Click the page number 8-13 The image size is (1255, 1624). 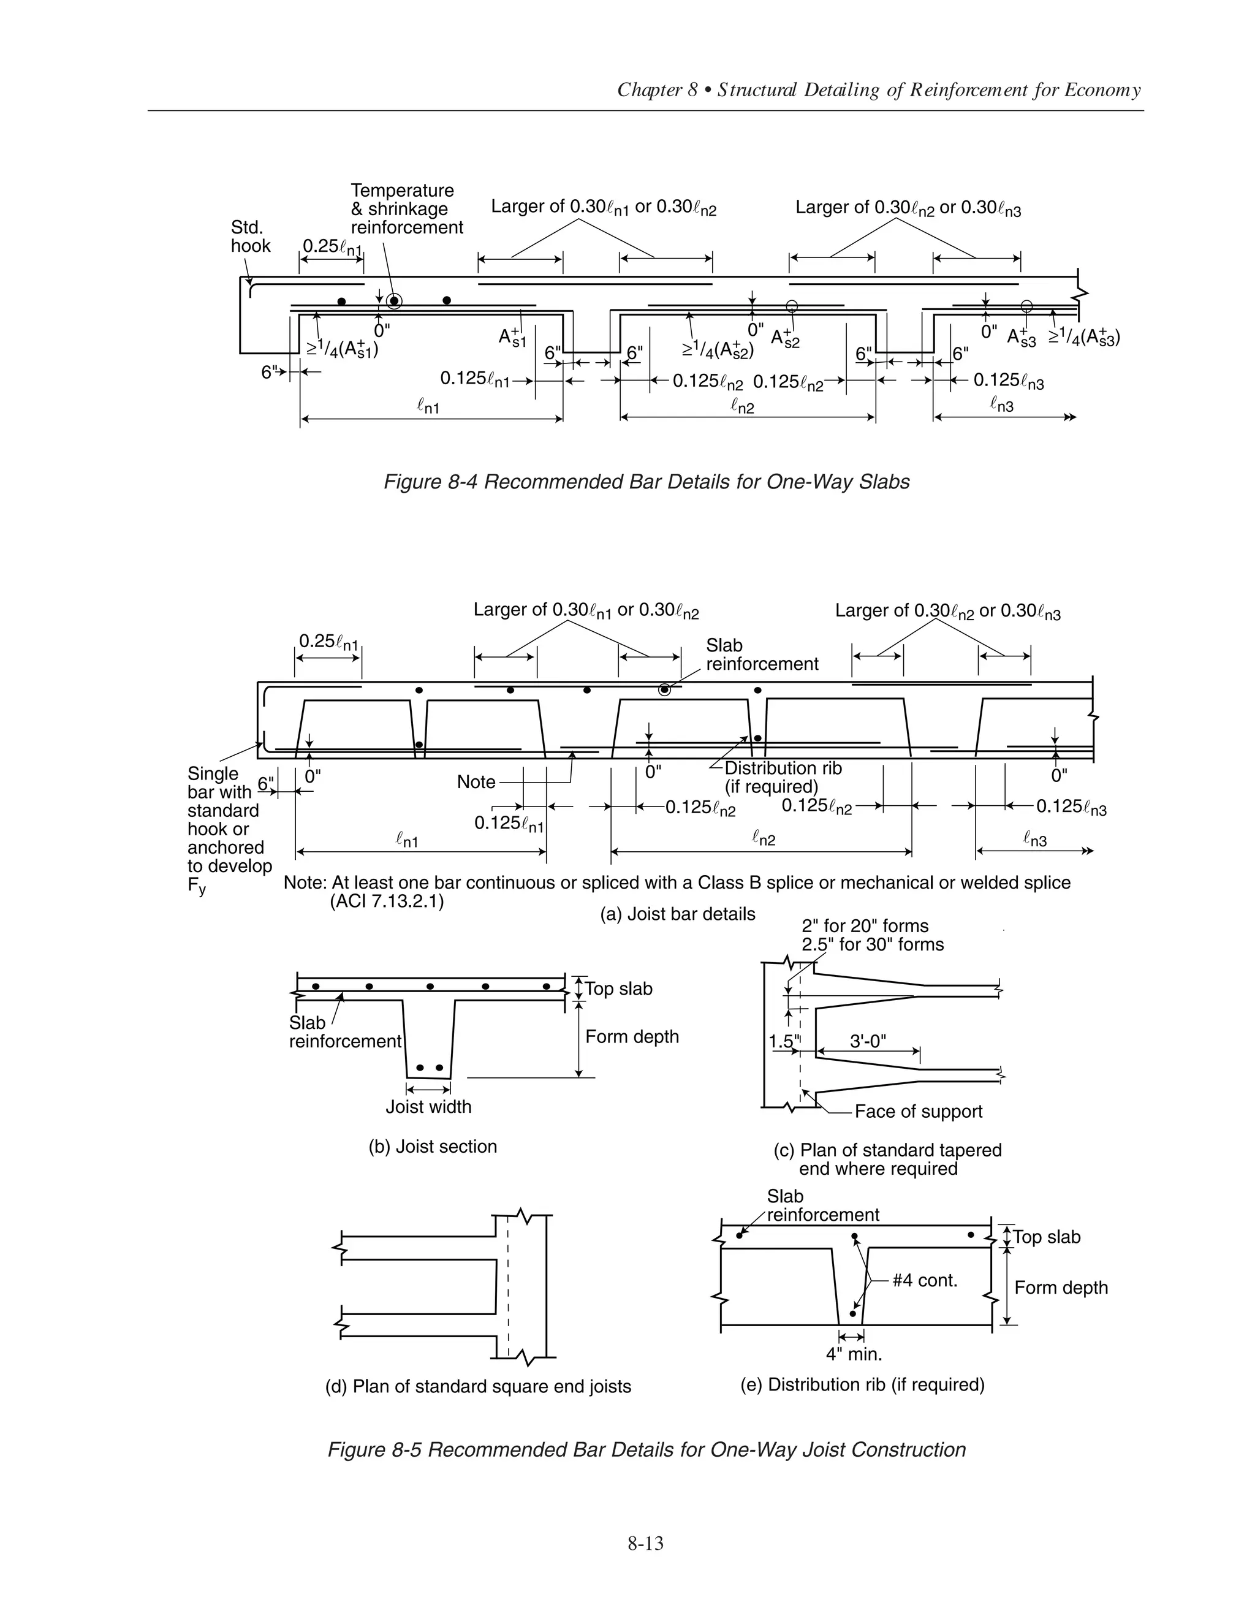coord(645,1544)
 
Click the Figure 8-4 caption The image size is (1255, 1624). coord(646,482)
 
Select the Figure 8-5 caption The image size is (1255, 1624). coord(646,1449)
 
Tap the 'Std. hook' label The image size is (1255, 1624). coord(251,237)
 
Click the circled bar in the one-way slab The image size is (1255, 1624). coord(394,300)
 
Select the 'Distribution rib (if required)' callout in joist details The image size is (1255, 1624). coord(783,777)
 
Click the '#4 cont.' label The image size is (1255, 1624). coord(924,1280)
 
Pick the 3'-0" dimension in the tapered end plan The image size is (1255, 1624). coord(868,1041)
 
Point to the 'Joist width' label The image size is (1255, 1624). coord(428,1106)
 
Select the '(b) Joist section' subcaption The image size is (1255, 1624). coord(433,1146)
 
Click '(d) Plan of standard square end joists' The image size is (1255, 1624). coord(478,1386)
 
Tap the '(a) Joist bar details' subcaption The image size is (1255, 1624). coord(677,914)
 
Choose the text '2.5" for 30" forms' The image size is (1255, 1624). coord(872,944)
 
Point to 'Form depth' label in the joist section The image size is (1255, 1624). coord(632,1036)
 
